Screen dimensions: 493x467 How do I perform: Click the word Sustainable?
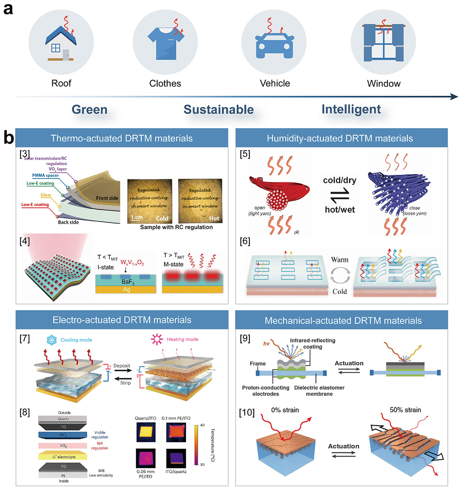[218, 109]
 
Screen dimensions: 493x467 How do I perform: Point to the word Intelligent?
[351, 109]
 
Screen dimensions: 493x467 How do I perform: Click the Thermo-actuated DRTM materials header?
[121, 138]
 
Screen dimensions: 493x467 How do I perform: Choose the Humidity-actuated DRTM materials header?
[340, 138]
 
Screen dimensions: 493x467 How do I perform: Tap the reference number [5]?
[245, 154]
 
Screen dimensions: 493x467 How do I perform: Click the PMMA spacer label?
[46, 176]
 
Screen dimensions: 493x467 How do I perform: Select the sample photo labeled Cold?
[150, 201]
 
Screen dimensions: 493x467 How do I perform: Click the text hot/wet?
[340, 210]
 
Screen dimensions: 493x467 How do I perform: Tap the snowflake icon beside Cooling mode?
[51, 340]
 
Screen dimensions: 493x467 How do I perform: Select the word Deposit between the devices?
[122, 366]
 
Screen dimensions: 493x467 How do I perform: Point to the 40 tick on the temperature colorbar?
[202, 425]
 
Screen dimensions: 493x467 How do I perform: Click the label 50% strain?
[405, 410]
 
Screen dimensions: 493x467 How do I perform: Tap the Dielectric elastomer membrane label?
[319, 391]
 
